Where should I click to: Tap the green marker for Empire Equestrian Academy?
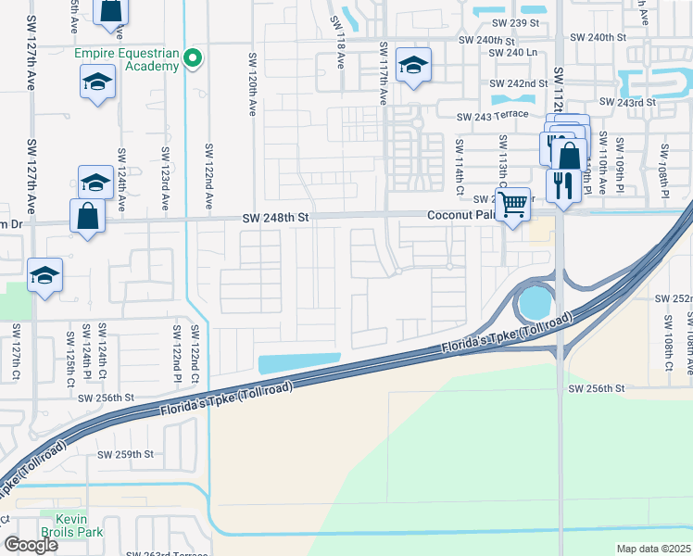(x=193, y=59)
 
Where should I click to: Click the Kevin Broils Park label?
(x=76, y=526)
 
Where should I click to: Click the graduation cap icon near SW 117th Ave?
(x=413, y=66)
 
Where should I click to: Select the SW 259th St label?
(x=127, y=454)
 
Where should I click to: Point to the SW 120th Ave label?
(x=251, y=83)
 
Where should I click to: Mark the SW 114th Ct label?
(x=458, y=161)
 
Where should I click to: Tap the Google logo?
(x=31, y=545)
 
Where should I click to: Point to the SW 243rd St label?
(x=628, y=102)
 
